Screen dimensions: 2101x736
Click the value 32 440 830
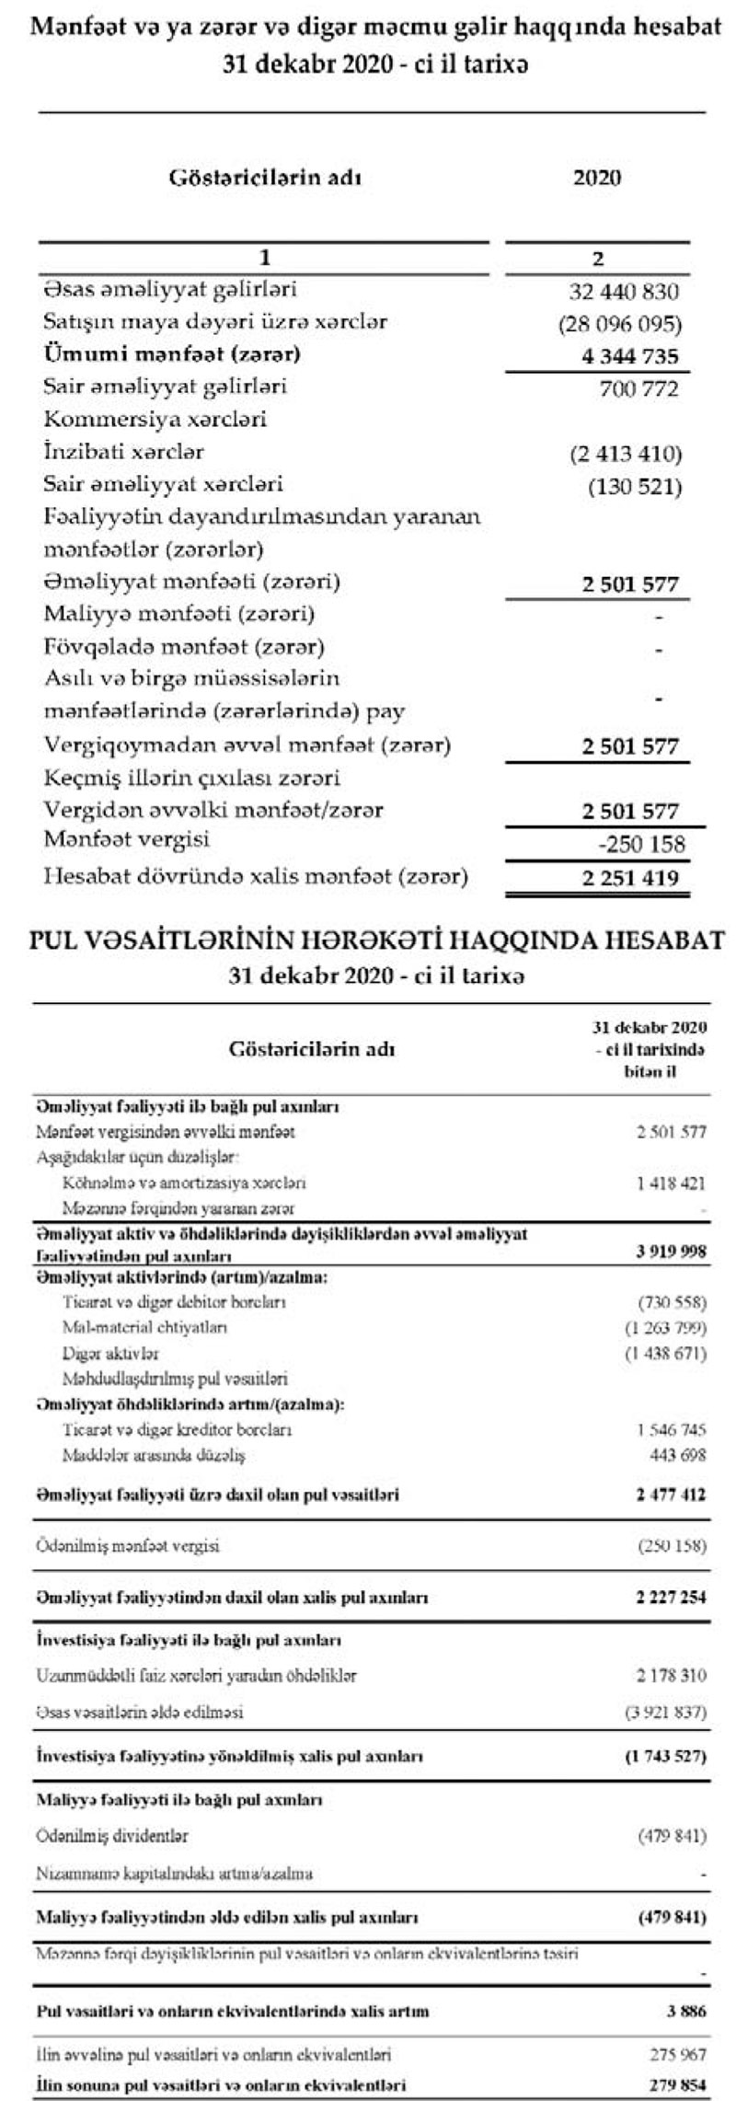pyautogui.click(x=624, y=293)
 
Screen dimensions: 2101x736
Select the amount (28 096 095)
pyautogui.click(x=619, y=324)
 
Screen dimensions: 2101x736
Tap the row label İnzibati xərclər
pyautogui.click(x=124, y=452)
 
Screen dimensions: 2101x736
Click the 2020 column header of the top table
pyautogui.click(x=597, y=178)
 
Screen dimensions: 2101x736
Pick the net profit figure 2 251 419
pyautogui.click(x=631, y=877)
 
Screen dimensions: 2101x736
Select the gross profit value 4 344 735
pyautogui.click(x=631, y=356)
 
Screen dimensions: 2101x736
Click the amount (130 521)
pyautogui.click(x=635, y=486)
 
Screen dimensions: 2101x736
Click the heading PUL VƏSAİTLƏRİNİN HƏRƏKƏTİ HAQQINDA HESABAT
pyautogui.click(x=368, y=940)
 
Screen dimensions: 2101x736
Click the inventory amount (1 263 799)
pyautogui.click(x=671, y=1327)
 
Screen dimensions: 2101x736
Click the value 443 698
pyautogui.click(x=678, y=1455)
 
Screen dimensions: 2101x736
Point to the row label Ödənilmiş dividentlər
pyautogui.click(x=112, y=1835)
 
